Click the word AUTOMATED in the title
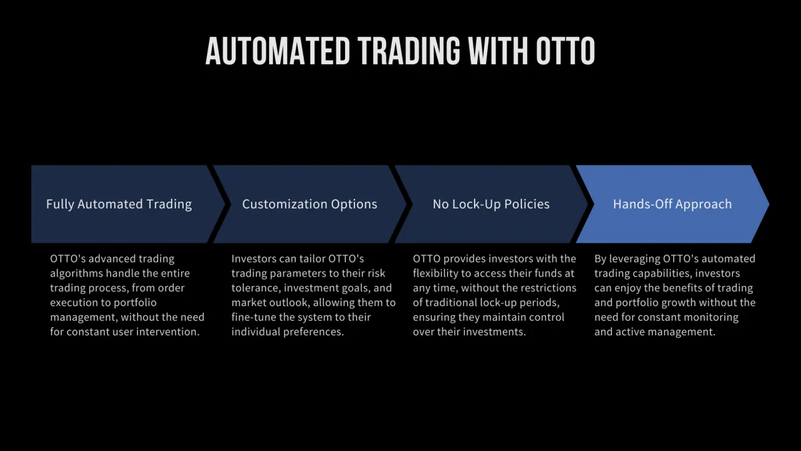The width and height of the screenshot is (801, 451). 278,51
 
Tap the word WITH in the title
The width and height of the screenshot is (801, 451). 498,51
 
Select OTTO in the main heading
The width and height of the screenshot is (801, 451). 565,51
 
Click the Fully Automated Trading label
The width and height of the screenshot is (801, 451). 119,204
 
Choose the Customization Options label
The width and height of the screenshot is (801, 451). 310,204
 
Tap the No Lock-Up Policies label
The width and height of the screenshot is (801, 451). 491,204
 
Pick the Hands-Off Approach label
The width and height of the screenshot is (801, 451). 672,204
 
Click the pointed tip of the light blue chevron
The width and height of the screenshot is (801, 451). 769,204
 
